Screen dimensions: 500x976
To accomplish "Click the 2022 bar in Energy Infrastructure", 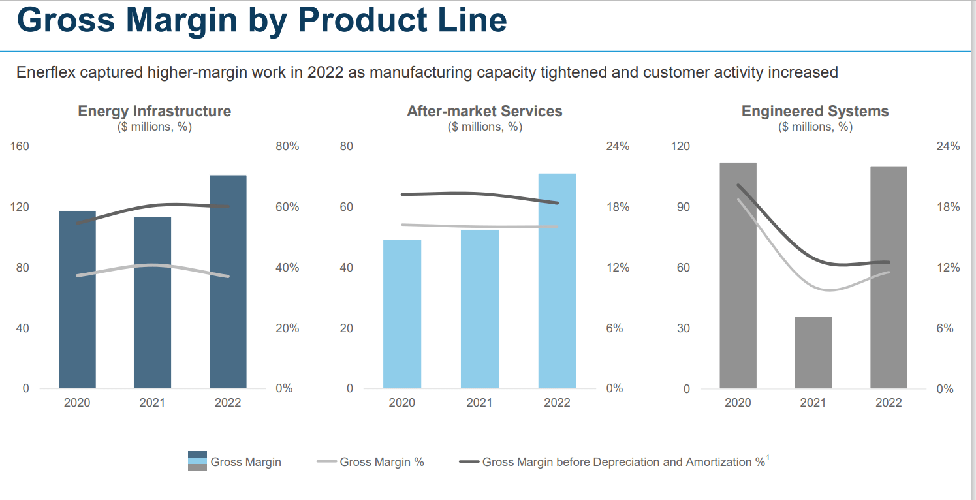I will point(228,281).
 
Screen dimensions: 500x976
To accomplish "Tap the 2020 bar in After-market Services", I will point(401,314).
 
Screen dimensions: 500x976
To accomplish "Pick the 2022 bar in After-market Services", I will point(557,281).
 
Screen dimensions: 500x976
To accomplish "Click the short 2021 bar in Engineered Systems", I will point(813,352).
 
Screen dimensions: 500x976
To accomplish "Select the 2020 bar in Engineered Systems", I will point(738,275).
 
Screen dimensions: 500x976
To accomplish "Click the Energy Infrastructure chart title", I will point(154,111).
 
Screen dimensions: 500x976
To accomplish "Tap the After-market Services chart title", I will point(484,111).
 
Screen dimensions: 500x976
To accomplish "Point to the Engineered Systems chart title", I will point(815,111).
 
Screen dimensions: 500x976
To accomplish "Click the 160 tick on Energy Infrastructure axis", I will point(20,146).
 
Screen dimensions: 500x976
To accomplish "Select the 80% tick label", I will point(287,146).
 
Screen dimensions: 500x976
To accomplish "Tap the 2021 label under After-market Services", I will point(479,403).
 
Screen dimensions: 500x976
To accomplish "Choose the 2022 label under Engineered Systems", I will point(889,403).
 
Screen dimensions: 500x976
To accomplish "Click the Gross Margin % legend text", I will point(381,462).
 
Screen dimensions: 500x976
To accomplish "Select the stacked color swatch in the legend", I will point(197,461).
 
